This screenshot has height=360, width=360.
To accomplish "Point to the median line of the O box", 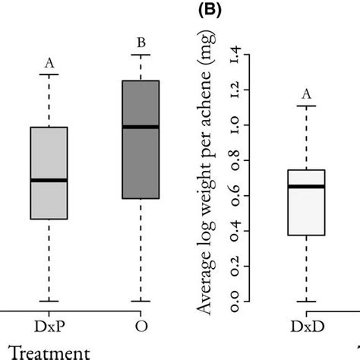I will point(141,127).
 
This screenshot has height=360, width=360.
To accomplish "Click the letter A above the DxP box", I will point(49,64).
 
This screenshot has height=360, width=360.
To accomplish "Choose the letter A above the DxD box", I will point(307,94).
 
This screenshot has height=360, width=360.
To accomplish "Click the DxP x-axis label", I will point(49,325).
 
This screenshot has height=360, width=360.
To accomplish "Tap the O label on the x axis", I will point(141,325).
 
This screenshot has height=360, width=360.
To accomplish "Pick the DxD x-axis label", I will point(307,325).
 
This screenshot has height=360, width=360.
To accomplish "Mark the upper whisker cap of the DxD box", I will point(307,106).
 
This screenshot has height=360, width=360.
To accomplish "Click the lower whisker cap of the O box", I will point(141,302).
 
